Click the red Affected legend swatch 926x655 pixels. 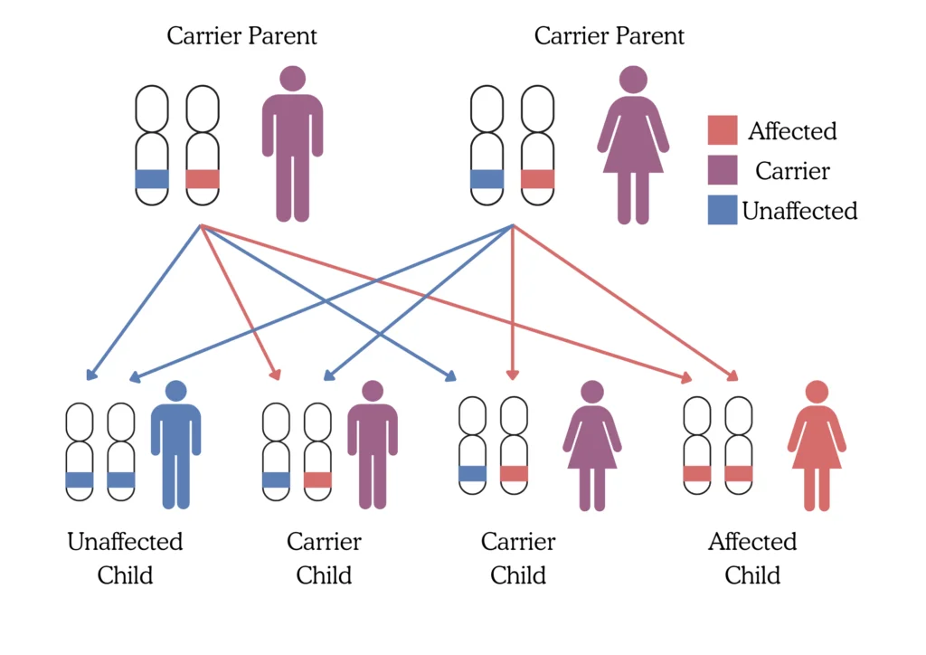723,130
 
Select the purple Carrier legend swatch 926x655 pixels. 723,170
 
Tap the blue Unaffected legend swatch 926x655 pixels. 723,210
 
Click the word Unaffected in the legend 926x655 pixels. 799,211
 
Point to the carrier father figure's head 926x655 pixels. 292,78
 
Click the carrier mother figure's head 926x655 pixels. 633,79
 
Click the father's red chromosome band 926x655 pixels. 203,179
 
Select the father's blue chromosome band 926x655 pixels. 152,179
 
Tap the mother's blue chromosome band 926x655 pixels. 487,179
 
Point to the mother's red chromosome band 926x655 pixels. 537,179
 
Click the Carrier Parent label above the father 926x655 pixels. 241,36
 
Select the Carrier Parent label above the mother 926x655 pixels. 609,36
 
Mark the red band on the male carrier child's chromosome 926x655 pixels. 317,479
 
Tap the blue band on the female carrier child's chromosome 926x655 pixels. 472,473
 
